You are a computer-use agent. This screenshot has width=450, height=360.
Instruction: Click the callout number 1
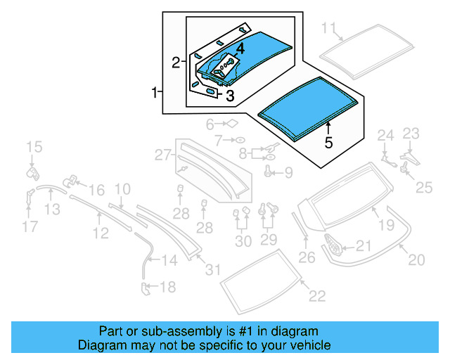pos(153,92)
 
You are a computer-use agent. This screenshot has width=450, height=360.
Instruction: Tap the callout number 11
pos(329,28)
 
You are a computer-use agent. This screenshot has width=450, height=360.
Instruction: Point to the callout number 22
pos(317,296)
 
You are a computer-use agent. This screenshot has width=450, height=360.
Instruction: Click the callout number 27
pos(163,154)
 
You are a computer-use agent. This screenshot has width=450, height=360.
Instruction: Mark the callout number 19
pos(386,225)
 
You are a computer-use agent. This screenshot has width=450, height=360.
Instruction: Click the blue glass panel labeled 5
pos(307,105)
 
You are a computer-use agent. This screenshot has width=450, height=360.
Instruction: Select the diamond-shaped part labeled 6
pos(229,124)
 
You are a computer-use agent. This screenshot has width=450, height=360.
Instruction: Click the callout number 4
pos(240,49)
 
